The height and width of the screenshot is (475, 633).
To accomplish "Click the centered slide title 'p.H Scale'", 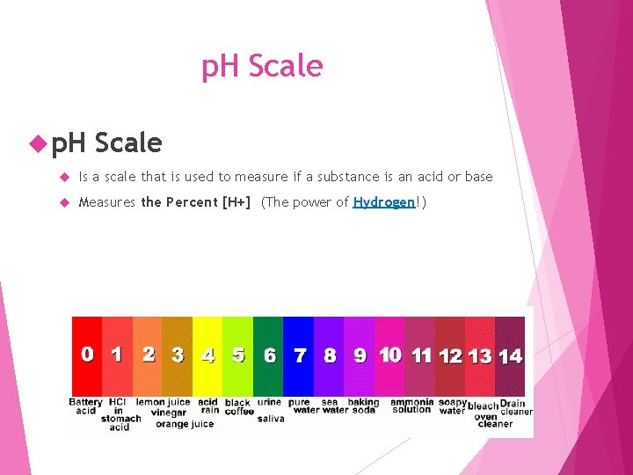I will (x=262, y=66).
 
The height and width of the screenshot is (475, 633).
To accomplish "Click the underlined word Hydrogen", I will (x=383, y=202).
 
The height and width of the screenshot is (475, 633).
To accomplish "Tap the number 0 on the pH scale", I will (x=87, y=354).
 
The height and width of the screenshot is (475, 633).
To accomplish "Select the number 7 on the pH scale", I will (x=300, y=355).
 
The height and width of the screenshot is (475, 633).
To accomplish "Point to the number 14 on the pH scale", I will (x=510, y=355).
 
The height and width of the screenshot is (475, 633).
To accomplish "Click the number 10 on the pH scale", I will (x=390, y=354).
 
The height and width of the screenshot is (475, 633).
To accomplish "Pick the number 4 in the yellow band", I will (x=207, y=355).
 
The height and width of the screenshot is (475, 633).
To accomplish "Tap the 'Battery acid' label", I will (x=86, y=406).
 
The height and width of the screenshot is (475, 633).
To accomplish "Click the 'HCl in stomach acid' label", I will (x=120, y=414).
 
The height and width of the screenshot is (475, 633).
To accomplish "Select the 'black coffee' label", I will (x=238, y=406).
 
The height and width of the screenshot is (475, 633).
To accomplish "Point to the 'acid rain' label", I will (x=209, y=406).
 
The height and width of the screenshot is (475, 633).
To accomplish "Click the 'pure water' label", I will (x=301, y=406).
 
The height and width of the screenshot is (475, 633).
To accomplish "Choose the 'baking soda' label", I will (x=362, y=406).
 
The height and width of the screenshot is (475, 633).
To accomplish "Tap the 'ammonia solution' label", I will (x=411, y=406).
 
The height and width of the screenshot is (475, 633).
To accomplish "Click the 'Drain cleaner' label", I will (x=516, y=407).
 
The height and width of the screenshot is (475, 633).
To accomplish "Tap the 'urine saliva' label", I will (x=270, y=410).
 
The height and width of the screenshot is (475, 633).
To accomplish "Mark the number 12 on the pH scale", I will (x=451, y=356).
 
